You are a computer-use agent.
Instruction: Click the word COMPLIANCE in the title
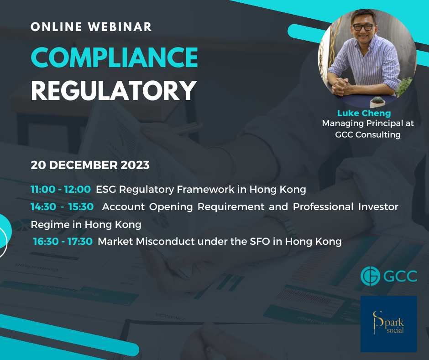coord(115,57)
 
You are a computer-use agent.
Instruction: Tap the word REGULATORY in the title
coord(114,90)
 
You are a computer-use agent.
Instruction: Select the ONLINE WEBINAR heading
coord(91,27)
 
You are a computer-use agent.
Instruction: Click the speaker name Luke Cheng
coord(364,113)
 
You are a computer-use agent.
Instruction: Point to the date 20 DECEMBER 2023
coord(90,165)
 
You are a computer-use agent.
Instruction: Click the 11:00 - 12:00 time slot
coord(60,189)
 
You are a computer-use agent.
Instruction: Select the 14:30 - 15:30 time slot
coord(62,206)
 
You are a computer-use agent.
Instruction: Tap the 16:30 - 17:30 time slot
coord(63,241)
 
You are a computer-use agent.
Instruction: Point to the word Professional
coord(323,206)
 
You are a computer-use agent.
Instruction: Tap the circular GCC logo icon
coord(370,276)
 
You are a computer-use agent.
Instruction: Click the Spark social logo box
coord(388,324)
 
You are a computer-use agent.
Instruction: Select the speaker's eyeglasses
coord(364,27)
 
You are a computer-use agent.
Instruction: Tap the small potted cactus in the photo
coord(377,101)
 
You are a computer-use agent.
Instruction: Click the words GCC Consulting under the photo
coord(368,134)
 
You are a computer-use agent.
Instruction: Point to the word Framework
coord(206,189)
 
